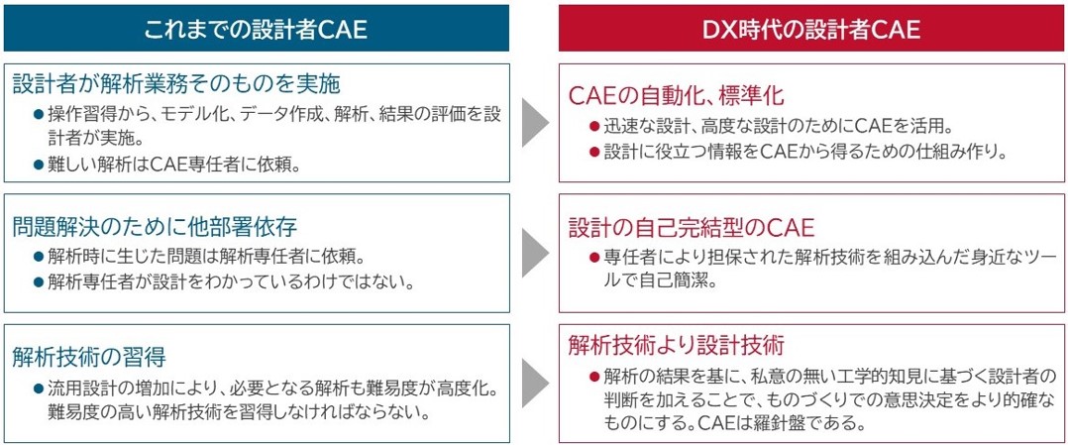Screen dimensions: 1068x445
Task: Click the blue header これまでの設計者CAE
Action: click(256, 28)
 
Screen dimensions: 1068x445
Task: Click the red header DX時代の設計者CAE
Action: click(811, 28)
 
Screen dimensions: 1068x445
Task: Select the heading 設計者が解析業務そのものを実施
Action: click(175, 84)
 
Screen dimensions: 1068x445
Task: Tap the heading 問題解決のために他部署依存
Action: click(155, 227)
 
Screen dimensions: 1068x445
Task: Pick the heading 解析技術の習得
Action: click(88, 357)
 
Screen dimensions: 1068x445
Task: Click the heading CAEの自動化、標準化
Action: click(677, 96)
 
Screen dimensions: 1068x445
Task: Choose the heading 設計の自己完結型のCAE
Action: click(692, 228)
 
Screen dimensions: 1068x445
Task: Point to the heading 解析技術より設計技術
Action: click(677, 345)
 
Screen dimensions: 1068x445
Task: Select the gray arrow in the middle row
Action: click(535, 254)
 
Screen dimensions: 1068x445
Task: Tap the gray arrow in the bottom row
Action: click(535, 384)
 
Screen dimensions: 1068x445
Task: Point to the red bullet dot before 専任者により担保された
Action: click(594, 258)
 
